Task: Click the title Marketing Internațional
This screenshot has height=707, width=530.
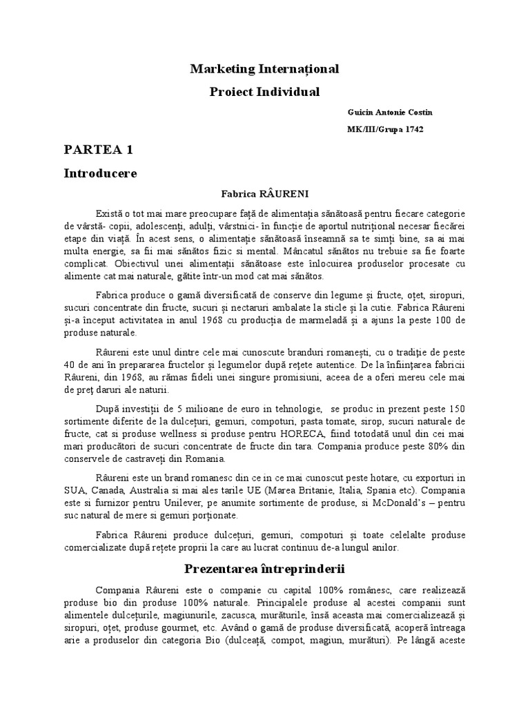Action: coord(265,69)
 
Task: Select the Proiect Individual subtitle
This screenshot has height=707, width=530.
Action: coord(265,92)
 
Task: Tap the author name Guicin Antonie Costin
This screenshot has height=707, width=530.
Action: coord(391,112)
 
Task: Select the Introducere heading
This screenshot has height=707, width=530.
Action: coord(101,173)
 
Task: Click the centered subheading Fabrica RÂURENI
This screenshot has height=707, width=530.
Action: coord(265,195)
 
